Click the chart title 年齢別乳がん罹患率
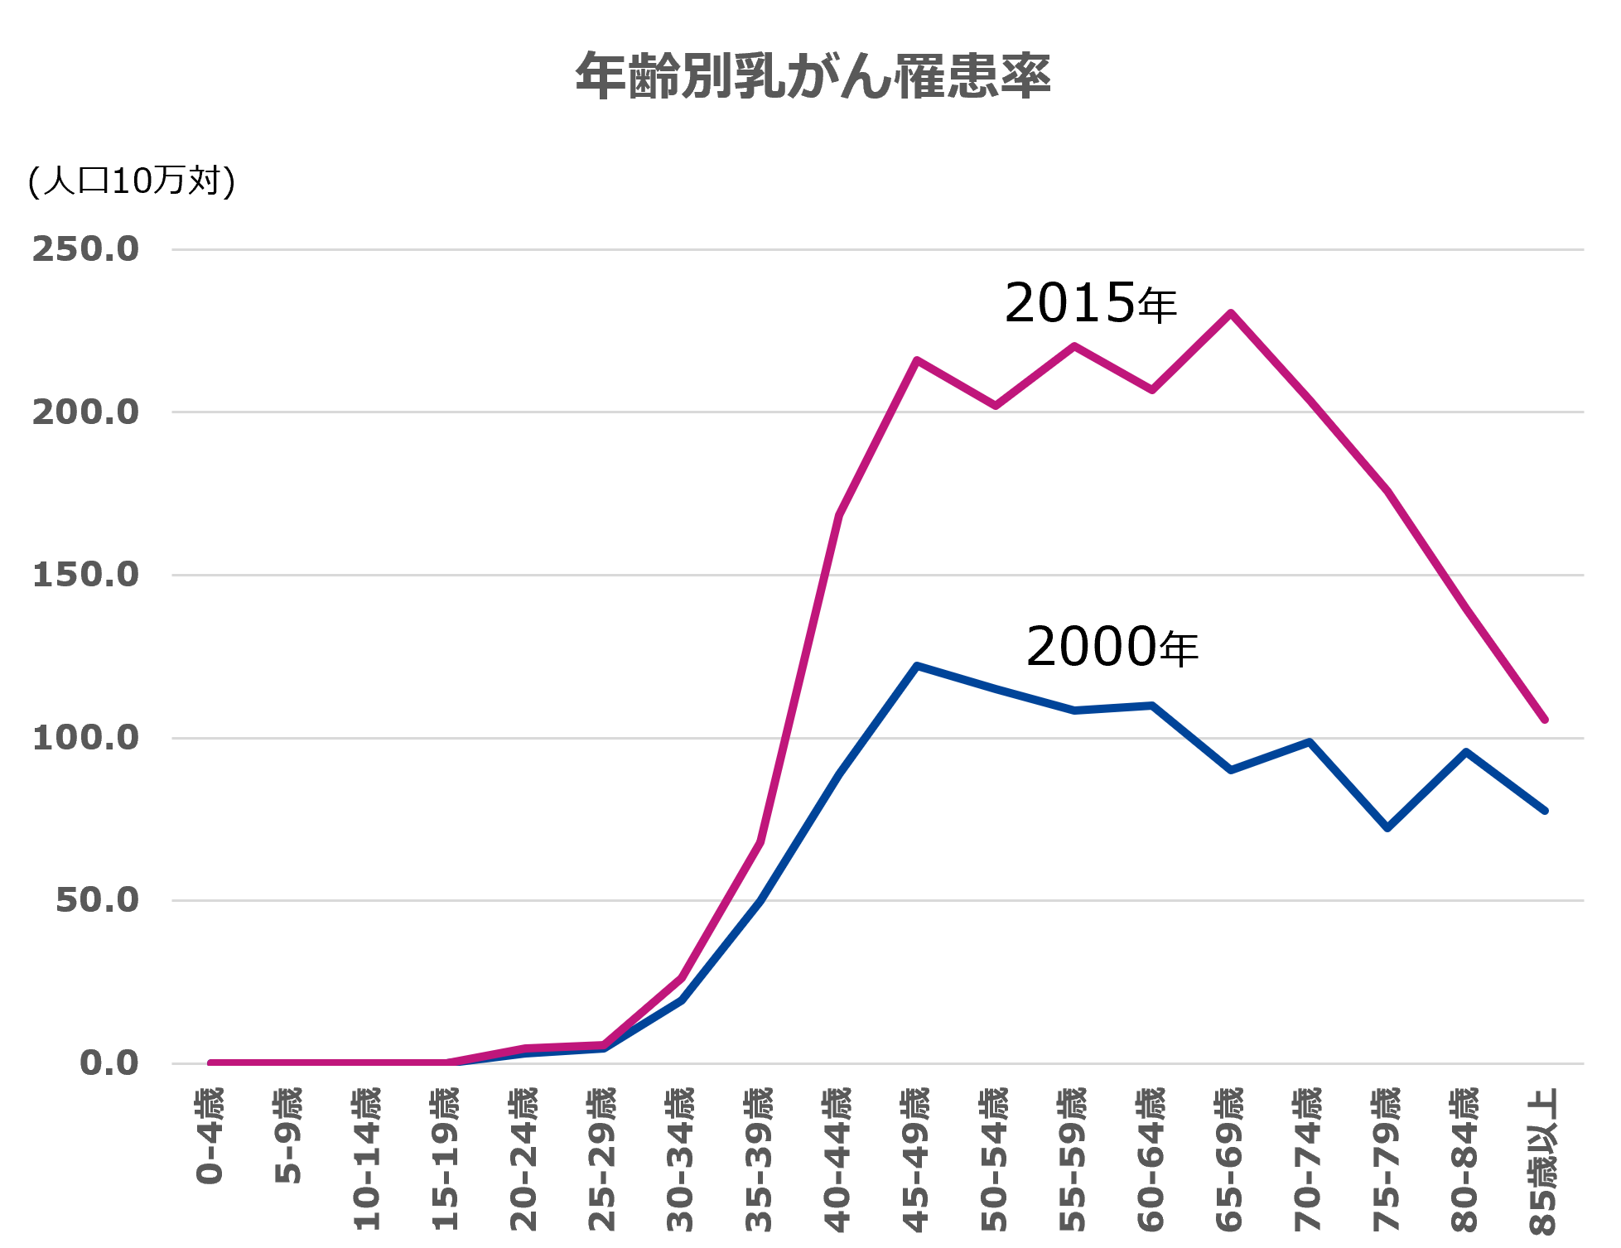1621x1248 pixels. point(813,76)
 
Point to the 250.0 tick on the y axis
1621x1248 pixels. point(85,249)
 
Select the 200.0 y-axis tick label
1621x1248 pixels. point(85,412)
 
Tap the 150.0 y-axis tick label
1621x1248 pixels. point(85,575)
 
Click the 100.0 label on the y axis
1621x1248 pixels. point(85,738)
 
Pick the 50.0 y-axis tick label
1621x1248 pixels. point(97,901)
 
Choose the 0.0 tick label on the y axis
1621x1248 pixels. point(109,1063)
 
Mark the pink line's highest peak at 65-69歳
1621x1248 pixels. point(1231,312)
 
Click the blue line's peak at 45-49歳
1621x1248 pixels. point(917,665)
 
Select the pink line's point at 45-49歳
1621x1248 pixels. point(917,359)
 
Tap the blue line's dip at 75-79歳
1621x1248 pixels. point(1387,828)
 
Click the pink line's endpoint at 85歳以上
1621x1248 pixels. point(1545,720)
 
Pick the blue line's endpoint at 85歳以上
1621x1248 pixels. point(1545,810)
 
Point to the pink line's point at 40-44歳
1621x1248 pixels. point(839,513)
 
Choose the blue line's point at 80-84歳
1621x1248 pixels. point(1466,751)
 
